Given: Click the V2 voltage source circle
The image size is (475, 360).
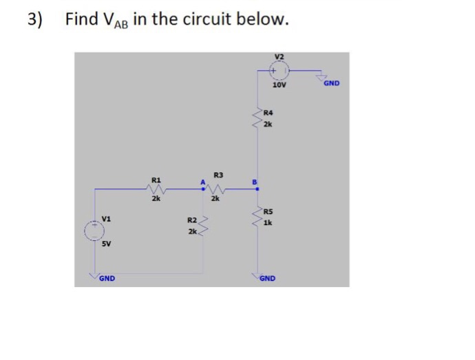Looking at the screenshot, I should [279, 70].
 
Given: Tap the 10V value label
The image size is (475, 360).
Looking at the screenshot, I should [279, 86].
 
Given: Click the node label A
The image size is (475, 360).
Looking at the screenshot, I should [202, 182].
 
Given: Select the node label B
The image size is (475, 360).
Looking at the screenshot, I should [254, 182].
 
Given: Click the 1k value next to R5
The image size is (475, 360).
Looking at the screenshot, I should [268, 223].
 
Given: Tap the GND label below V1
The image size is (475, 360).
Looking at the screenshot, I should [106, 278].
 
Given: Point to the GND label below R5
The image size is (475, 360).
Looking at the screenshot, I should [267, 278].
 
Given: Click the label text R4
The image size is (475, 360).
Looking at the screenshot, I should [268, 112].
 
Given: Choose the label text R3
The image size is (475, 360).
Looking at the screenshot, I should [218, 175].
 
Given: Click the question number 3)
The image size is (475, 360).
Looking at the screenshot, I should [35, 19].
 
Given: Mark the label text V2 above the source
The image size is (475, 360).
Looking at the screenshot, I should [279, 57].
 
